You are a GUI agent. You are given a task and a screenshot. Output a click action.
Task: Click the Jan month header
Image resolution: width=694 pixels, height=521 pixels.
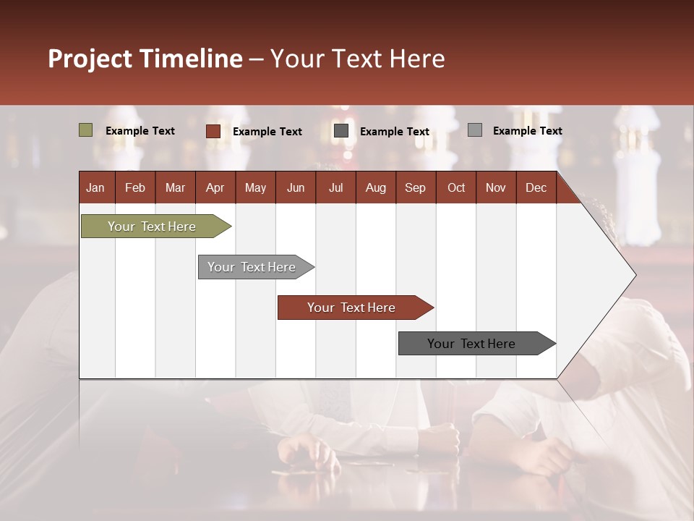(95, 187)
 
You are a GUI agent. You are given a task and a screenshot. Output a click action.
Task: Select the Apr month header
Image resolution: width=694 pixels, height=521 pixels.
(215, 187)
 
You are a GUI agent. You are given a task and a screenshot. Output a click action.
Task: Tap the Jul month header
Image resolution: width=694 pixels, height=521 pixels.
(335, 187)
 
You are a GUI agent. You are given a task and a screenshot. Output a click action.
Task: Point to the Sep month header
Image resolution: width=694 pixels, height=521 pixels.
(415, 187)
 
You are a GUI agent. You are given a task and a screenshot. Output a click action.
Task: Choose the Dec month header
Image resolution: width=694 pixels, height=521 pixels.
(536, 187)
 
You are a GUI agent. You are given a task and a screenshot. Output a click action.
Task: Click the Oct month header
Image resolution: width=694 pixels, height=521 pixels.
(456, 187)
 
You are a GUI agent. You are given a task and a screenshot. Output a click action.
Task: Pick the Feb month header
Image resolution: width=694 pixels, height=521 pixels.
(135, 187)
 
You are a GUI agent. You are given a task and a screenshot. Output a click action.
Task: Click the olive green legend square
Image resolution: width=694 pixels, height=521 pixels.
(86, 130)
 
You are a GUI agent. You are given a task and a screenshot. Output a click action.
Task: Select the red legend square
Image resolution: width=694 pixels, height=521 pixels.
(213, 131)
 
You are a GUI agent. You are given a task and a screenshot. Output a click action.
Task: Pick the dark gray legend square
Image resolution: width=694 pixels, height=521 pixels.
(341, 131)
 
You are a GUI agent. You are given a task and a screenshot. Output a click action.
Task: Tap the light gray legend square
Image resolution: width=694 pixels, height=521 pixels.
(475, 130)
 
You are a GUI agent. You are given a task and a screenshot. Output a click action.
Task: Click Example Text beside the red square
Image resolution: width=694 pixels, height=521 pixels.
(267, 132)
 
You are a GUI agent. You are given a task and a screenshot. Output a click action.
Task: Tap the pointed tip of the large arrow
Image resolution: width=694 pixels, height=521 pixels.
(634, 275)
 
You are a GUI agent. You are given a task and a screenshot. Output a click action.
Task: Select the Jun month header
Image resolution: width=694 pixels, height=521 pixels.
(296, 187)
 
